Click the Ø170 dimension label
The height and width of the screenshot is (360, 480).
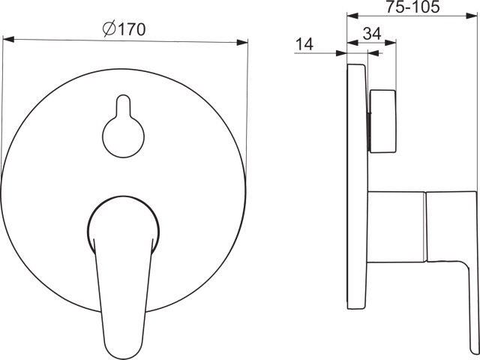(x=124, y=29)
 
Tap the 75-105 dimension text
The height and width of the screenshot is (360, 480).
(x=412, y=7)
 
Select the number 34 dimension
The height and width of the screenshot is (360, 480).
(x=372, y=33)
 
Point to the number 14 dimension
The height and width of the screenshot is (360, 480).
(x=304, y=44)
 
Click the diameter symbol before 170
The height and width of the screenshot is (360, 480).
(x=109, y=29)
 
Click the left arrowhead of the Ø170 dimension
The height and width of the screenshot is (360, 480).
(x=8, y=39)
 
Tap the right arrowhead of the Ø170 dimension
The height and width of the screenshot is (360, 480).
(x=242, y=42)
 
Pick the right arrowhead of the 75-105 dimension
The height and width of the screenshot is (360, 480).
(x=472, y=16)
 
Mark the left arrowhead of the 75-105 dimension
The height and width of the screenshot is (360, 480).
(x=352, y=16)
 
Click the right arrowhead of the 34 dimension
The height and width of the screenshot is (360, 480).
(x=391, y=43)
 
